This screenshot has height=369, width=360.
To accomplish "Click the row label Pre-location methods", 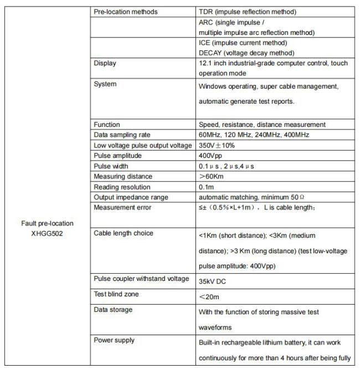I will point(125,12).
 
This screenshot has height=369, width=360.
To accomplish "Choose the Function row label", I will point(106,125).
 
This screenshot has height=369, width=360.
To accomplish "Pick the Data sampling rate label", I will point(122,135).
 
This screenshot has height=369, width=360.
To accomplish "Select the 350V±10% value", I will point(217,145).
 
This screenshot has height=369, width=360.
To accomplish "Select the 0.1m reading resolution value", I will point(206,187).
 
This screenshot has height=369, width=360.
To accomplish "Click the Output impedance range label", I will point(131,197).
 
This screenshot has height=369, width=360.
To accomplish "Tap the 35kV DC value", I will point(212,281).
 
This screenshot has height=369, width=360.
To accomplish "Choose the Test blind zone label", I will point(116,294).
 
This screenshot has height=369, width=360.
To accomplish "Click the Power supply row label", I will point(114,340).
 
